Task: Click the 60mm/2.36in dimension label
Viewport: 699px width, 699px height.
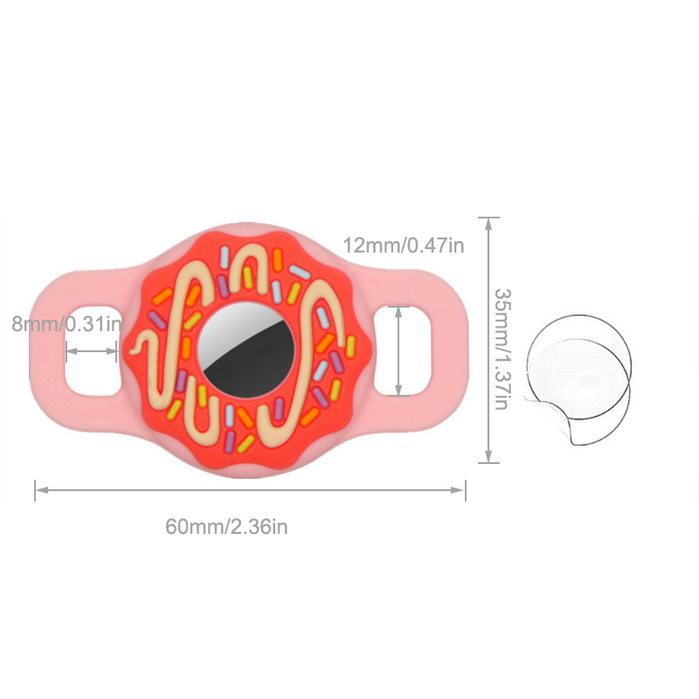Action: (x=226, y=527)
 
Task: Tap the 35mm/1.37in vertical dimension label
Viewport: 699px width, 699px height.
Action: (x=502, y=349)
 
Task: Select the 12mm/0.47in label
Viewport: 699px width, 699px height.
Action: (x=404, y=246)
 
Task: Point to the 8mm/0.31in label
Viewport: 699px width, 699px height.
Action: (x=66, y=323)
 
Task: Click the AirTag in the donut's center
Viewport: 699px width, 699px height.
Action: (x=246, y=349)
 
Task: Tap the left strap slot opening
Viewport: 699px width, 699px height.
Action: (x=93, y=351)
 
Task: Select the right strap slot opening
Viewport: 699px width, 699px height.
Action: (x=402, y=351)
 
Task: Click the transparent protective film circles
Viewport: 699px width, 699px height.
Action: (x=578, y=379)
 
